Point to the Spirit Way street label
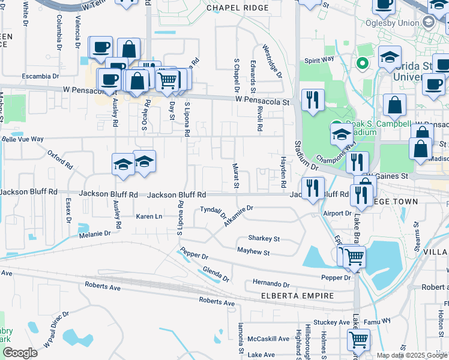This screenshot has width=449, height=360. [x=319, y=60]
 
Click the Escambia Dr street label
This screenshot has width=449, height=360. [x=40, y=76]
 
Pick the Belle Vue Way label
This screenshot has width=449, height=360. [x=23, y=139]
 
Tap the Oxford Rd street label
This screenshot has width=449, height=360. [x=59, y=158]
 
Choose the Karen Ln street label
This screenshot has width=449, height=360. [x=149, y=216]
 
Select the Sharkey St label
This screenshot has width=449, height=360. [x=264, y=238]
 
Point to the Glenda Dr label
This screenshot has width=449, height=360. [x=216, y=274]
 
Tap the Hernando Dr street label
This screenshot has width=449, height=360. [x=271, y=283]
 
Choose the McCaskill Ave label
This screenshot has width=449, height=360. [x=269, y=338]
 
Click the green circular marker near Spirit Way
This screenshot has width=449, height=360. [x=362, y=62]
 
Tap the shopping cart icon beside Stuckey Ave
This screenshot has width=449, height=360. [x=358, y=340]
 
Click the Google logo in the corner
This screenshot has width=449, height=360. [x=20, y=353]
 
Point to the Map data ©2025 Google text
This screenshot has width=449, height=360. [x=412, y=355]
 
